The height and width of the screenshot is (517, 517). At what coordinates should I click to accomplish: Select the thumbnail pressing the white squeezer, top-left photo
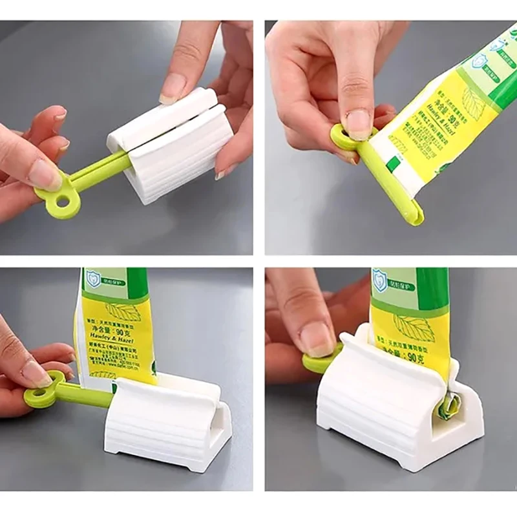pos(173,89)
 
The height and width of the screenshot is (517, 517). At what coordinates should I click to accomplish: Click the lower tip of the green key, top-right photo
pos(414,216)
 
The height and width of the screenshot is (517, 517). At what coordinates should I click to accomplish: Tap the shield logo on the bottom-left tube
pos(93,279)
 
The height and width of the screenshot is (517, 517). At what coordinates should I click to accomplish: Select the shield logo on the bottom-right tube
pos(380,280)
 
